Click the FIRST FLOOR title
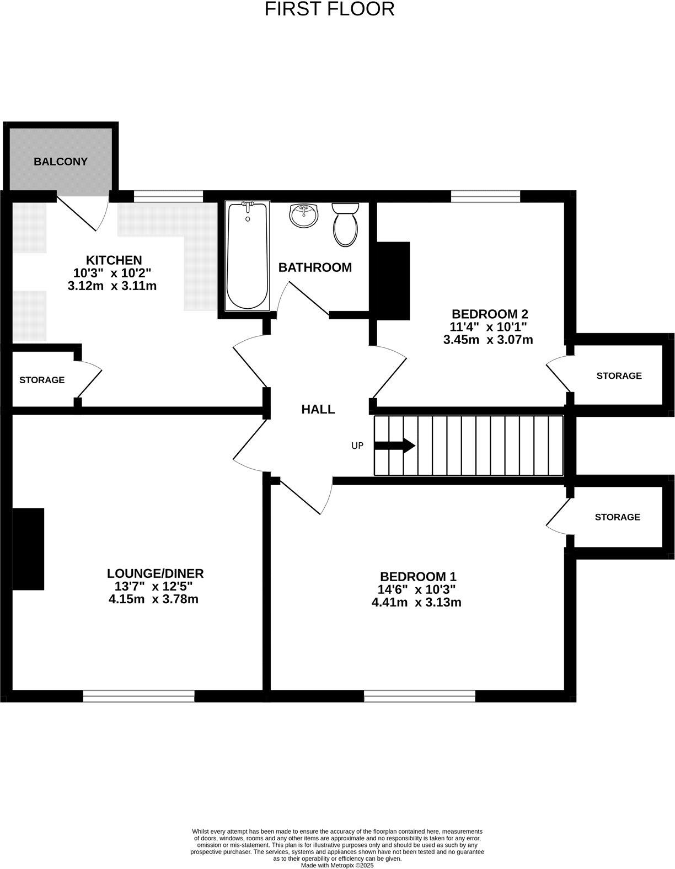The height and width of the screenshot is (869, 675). pyautogui.click(x=329, y=9)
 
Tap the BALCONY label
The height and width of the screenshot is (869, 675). pyautogui.click(x=61, y=162)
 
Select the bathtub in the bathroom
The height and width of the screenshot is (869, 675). pyautogui.click(x=248, y=256)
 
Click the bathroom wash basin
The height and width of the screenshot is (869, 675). pyautogui.click(x=303, y=215)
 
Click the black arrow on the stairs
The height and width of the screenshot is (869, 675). pyautogui.click(x=394, y=446)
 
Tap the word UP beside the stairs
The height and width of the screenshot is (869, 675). pyautogui.click(x=357, y=446)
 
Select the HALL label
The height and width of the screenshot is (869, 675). pyautogui.click(x=318, y=409)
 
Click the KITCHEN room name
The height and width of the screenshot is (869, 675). pyautogui.click(x=114, y=260)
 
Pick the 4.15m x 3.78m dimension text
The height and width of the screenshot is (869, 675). pyautogui.click(x=154, y=599)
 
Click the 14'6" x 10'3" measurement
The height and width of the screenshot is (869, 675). pyautogui.click(x=417, y=589)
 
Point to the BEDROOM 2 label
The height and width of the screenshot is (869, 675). pyautogui.click(x=490, y=314)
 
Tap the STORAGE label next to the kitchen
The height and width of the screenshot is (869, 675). pyautogui.click(x=42, y=380)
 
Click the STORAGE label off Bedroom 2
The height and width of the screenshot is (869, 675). pyautogui.click(x=619, y=376)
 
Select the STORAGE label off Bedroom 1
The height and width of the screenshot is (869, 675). pyautogui.click(x=617, y=517)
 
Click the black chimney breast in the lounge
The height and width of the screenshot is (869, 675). pyautogui.click(x=28, y=549)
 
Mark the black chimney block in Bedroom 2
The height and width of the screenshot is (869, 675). pyautogui.click(x=393, y=281)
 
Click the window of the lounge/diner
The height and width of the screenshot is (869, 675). pyautogui.click(x=138, y=696)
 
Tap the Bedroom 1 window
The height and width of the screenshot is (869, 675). pyautogui.click(x=419, y=696)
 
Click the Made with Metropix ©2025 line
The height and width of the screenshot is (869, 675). pyautogui.click(x=337, y=866)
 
